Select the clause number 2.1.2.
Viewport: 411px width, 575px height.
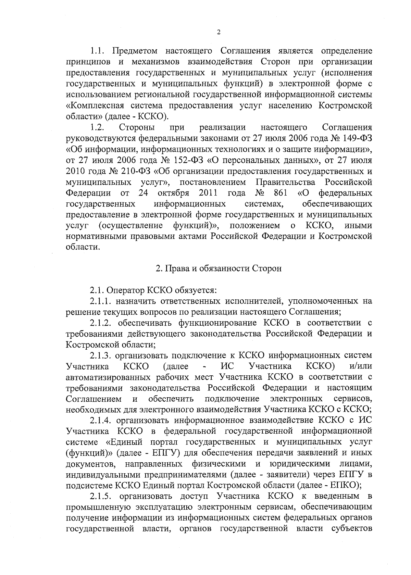[x=102, y=323]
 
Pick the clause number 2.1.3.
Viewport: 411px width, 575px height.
[x=102, y=355]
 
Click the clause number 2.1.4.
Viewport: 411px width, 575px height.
[x=102, y=420]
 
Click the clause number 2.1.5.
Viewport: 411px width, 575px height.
[x=102, y=496]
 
